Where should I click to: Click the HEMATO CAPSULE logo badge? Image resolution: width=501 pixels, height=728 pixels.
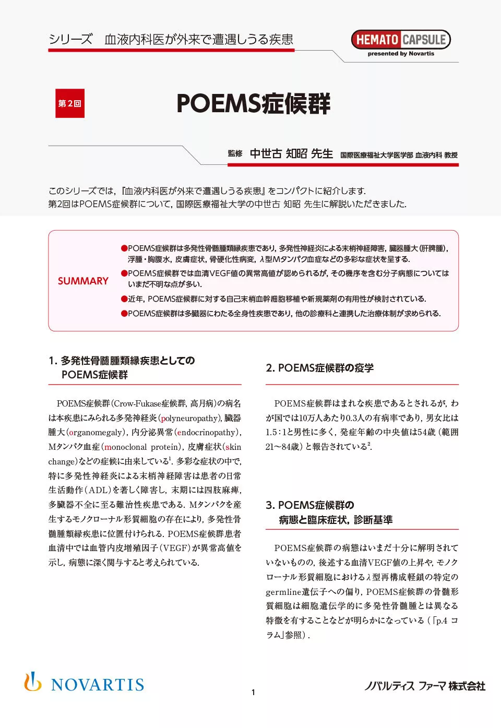point(401,40)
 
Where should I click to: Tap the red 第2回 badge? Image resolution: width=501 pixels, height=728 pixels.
point(70,103)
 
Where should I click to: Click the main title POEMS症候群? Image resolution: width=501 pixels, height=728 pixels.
point(253,103)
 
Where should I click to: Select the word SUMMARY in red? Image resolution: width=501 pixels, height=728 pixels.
point(83,281)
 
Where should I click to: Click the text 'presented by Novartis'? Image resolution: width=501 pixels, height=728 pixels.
point(401,54)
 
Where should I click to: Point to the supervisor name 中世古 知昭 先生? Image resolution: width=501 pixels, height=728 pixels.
point(291,153)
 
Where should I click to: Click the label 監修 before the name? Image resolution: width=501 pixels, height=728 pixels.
point(235,153)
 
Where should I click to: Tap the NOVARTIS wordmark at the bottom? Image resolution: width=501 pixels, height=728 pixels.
point(98,685)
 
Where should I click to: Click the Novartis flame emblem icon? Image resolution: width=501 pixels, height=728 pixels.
point(32,682)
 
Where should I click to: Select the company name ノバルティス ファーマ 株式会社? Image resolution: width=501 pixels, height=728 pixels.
point(425,686)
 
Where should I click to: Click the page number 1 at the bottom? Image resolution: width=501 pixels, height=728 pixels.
point(253,693)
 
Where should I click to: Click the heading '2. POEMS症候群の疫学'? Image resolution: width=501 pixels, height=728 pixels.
point(320,368)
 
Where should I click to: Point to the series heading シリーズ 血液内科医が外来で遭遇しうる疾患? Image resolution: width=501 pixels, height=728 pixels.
point(171,40)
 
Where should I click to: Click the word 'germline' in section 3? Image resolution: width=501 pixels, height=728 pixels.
point(283,592)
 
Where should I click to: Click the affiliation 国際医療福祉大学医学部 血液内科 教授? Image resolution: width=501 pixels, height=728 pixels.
point(399,155)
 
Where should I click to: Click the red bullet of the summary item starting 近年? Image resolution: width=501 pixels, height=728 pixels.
point(124,299)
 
